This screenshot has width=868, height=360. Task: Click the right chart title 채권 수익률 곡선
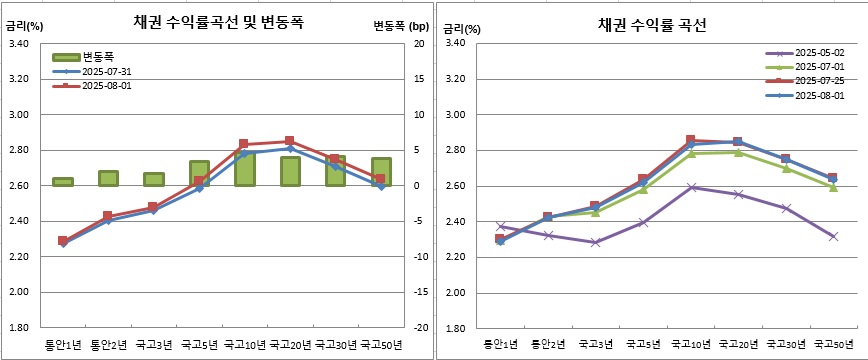[x=652, y=25]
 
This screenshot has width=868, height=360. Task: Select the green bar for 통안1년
[x=62, y=182]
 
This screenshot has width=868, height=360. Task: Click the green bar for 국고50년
[x=381, y=171]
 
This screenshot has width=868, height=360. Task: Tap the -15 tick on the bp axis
[x=418, y=292]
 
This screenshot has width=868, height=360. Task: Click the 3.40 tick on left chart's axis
[x=18, y=44]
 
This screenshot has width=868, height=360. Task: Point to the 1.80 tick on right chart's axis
[x=455, y=328]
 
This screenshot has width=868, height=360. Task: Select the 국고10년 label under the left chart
[x=244, y=346]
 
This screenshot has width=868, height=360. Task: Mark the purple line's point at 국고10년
[x=692, y=187]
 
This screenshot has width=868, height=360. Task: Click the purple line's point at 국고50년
[x=833, y=236]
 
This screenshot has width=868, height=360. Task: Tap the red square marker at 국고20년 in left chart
[x=290, y=141]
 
